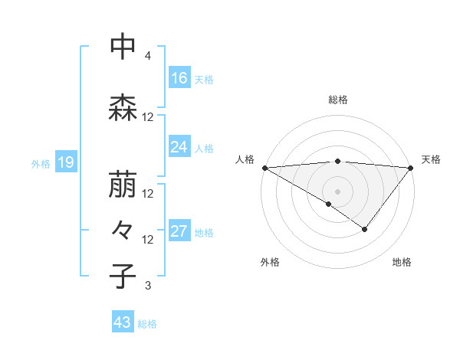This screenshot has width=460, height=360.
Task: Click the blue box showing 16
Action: [x=179, y=77]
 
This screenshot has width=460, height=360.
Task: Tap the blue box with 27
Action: [x=179, y=231]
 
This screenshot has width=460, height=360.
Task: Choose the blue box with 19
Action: [x=65, y=162]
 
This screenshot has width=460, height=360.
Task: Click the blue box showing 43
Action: [x=123, y=322]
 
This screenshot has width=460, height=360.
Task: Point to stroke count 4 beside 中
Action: [x=147, y=57]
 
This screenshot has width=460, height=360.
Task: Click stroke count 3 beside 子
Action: [x=147, y=286]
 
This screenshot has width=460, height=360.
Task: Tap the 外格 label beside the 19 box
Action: [x=41, y=163]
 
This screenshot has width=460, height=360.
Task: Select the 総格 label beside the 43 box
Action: [x=147, y=324]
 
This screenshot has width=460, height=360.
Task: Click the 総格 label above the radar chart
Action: [x=337, y=100]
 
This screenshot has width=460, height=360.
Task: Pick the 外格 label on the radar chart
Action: [x=270, y=263]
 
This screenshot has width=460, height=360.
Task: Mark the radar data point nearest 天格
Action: [x=411, y=167]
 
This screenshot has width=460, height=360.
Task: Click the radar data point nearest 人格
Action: [x=264, y=167]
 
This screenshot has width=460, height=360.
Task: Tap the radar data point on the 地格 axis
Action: [x=365, y=228]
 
